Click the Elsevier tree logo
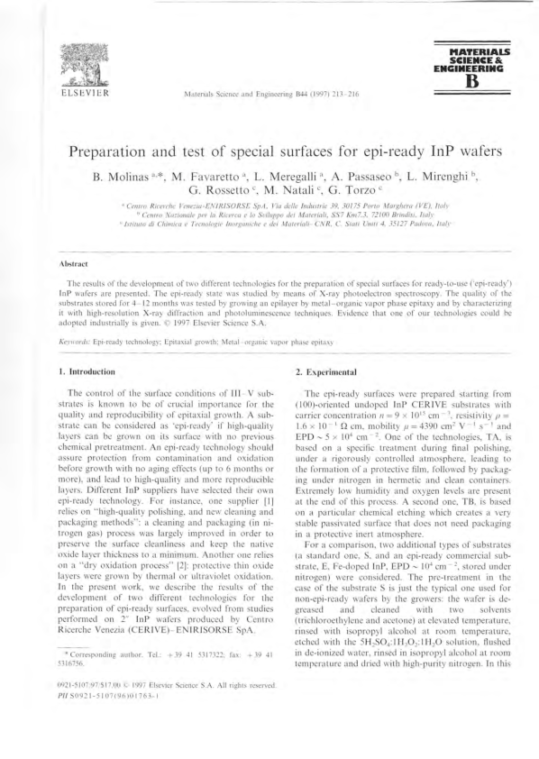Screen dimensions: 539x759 tap(82, 63)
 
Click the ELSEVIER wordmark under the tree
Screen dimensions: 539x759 tap(82, 92)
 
